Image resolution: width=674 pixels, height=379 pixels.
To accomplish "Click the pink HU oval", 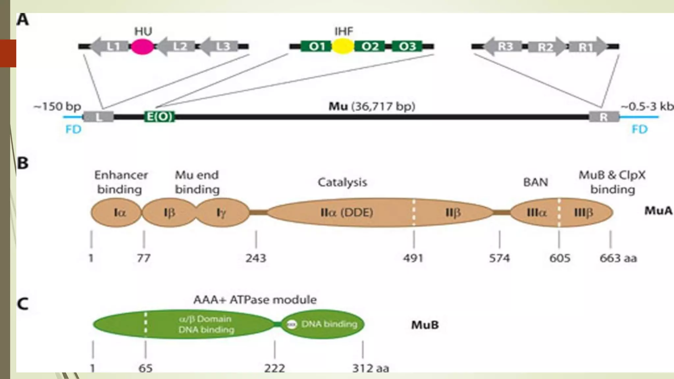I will coord(142,46).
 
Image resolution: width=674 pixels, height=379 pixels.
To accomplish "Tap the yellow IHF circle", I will coord(343,46).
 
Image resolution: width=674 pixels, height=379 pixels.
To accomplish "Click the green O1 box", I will coord(316,46).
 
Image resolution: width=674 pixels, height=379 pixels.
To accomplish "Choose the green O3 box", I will coord(407,46).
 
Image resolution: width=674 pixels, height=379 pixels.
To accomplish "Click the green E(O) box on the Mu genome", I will coord(160,117).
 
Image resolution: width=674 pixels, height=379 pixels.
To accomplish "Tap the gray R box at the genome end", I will coord(604,117).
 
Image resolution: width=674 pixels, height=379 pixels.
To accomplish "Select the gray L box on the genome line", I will coord(98,117).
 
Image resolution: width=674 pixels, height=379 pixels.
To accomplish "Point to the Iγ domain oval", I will coord(222,213).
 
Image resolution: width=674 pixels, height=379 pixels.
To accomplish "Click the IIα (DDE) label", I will coord(347,213).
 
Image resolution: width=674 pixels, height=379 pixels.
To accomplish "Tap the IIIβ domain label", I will coord(583,213).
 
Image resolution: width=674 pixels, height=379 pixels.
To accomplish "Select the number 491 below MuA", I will coord(413,258).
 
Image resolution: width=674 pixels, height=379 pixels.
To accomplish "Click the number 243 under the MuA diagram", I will coord(256,258).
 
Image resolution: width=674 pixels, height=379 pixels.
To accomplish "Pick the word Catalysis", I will coord(342,182).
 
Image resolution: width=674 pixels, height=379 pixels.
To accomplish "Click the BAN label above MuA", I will coord(535,182).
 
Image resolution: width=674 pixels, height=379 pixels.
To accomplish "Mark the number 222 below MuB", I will coord(274,368).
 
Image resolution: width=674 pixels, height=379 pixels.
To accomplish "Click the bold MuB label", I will coord(425,325).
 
